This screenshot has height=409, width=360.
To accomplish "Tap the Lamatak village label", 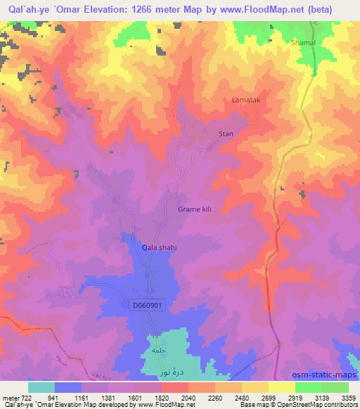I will (246, 100).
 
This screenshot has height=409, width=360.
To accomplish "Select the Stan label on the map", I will (226, 133).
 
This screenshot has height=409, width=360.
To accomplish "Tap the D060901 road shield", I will (148, 306).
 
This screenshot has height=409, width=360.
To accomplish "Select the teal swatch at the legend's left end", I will (41, 387).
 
